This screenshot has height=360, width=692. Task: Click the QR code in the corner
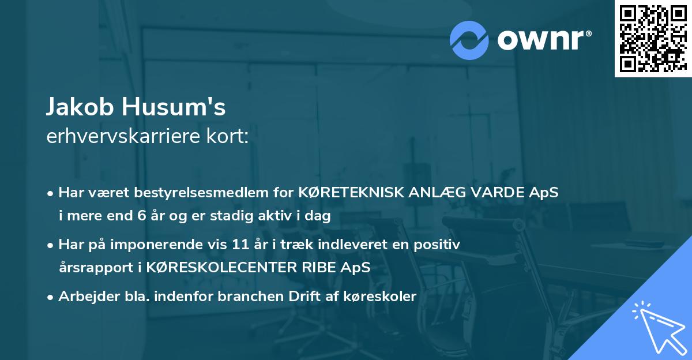point(653,39)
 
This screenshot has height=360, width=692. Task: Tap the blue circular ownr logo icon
point(469,40)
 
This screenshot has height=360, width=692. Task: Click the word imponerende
point(176,245)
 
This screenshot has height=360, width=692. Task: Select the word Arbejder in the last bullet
point(83,297)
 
